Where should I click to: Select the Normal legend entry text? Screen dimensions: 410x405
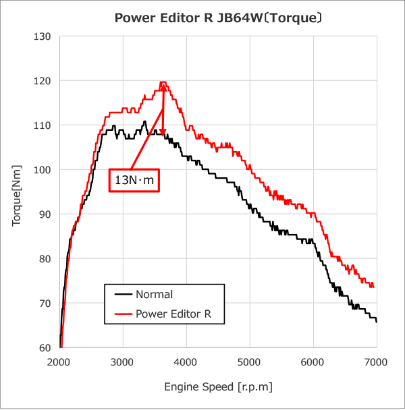(x=154, y=294)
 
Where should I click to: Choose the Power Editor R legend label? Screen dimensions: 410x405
(x=178, y=313)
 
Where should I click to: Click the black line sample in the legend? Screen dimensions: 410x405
(x=122, y=294)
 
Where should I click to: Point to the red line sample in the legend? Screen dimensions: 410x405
(x=122, y=313)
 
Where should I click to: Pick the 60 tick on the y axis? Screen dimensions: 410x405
(x=45, y=347)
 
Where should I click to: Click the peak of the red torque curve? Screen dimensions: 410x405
(x=163, y=82)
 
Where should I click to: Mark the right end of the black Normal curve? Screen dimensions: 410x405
(x=376, y=322)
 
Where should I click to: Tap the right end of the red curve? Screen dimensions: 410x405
(x=373, y=287)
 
